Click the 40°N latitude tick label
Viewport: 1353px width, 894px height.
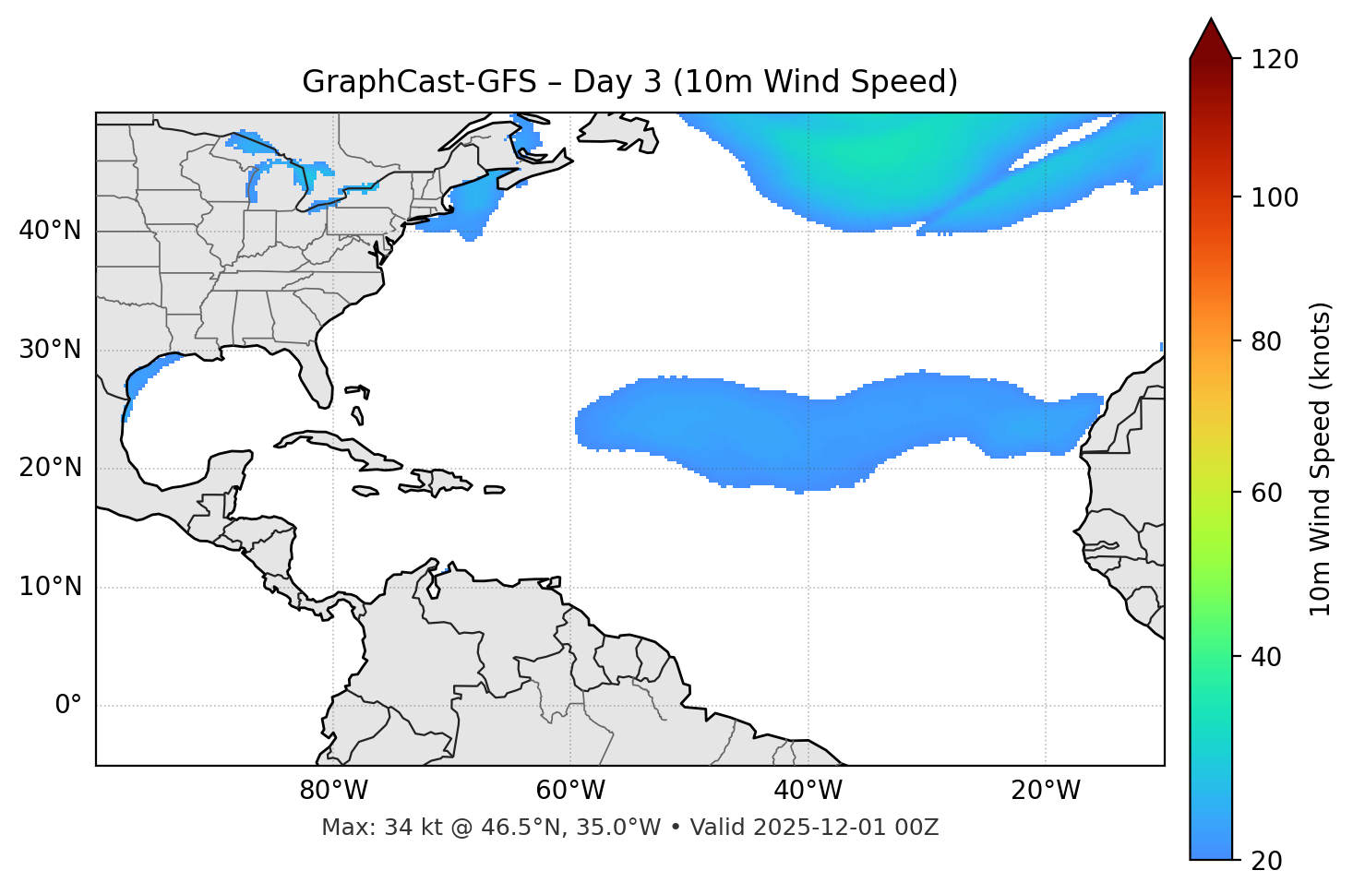50,231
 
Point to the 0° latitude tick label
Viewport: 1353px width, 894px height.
67,706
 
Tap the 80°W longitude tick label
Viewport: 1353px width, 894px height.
333,791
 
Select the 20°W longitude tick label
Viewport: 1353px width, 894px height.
1046,791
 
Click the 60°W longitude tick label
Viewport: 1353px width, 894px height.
570,791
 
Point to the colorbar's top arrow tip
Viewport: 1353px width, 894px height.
1211,19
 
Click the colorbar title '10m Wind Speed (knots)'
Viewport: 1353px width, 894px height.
1321,459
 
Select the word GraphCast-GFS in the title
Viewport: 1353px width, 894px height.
419,82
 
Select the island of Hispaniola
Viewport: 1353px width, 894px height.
439,481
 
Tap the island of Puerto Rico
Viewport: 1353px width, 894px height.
495,490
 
